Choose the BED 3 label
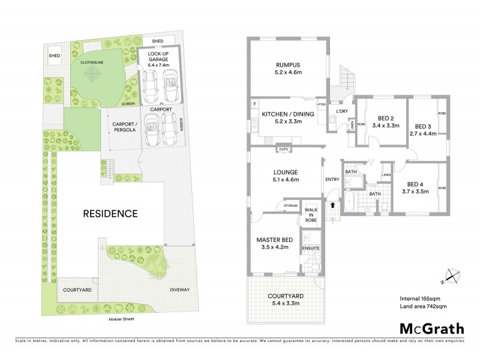[x=423, y=126]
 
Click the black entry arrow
[x=332, y=205]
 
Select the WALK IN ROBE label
[x=311, y=214]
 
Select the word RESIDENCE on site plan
[x=110, y=213]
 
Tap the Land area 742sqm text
[x=423, y=307]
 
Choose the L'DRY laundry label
[x=342, y=112]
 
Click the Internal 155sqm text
[x=420, y=299]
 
